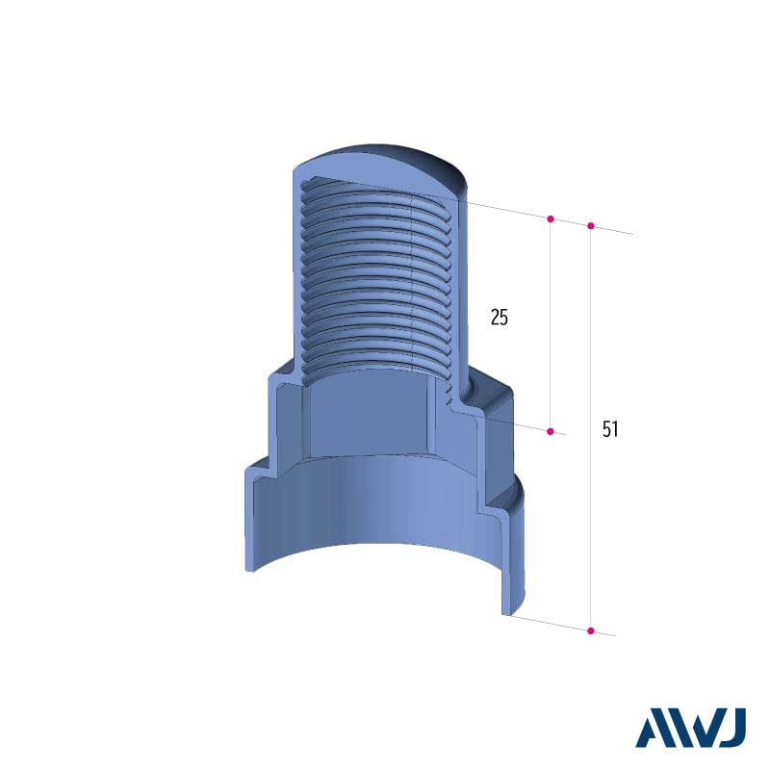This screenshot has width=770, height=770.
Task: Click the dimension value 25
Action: tap(499, 318)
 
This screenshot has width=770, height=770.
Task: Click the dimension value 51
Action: tap(610, 429)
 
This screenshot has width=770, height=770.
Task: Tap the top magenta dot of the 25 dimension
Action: tap(550, 218)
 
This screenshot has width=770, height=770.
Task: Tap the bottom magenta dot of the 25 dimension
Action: tap(550, 431)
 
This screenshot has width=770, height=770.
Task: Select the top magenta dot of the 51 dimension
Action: tap(591, 226)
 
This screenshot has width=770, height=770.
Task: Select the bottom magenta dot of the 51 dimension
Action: tap(591, 630)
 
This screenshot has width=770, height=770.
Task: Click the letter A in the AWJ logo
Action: tap(654, 728)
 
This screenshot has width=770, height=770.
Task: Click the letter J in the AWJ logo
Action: tap(733, 728)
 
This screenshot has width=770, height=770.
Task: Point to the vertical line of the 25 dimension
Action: tap(550, 324)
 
